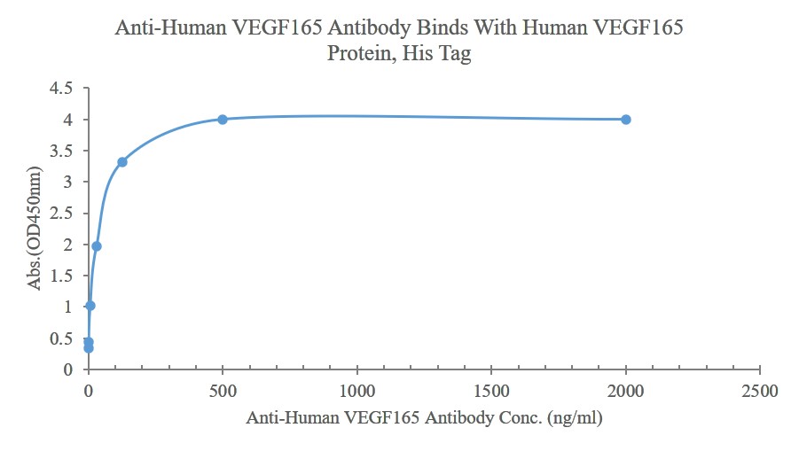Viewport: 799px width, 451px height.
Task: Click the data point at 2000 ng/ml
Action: click(x=626, y=119)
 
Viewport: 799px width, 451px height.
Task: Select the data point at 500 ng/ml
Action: click(x=223, y=119)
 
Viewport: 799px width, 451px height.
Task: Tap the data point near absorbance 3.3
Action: click(x=122, y=161)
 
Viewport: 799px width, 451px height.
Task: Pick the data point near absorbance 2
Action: click(x=97, y=245)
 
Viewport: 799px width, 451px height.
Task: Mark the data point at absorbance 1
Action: click(x=90, y=305)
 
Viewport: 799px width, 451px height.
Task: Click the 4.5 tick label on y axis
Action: click(x=62, y=88)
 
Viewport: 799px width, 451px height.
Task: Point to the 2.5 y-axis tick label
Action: click(x=62, y=213)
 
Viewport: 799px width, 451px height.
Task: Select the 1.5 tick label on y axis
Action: click(x=62, y=275)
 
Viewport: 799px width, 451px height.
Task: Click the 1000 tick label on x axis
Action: click(x=357, y=391)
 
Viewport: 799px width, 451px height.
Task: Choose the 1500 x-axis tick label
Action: click(x=492, y=391)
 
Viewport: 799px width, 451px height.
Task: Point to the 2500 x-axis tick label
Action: click(x=761, y=391)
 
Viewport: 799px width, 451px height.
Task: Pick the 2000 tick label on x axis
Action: click(x=627, y=391)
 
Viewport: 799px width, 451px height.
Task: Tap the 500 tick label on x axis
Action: click(x=223, y=391)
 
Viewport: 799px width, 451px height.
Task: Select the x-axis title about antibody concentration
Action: click(x=424, y=418)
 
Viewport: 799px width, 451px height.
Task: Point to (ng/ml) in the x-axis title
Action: click(x=576, y=418)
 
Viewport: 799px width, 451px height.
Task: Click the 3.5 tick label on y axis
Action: click(x=62, y=151)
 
